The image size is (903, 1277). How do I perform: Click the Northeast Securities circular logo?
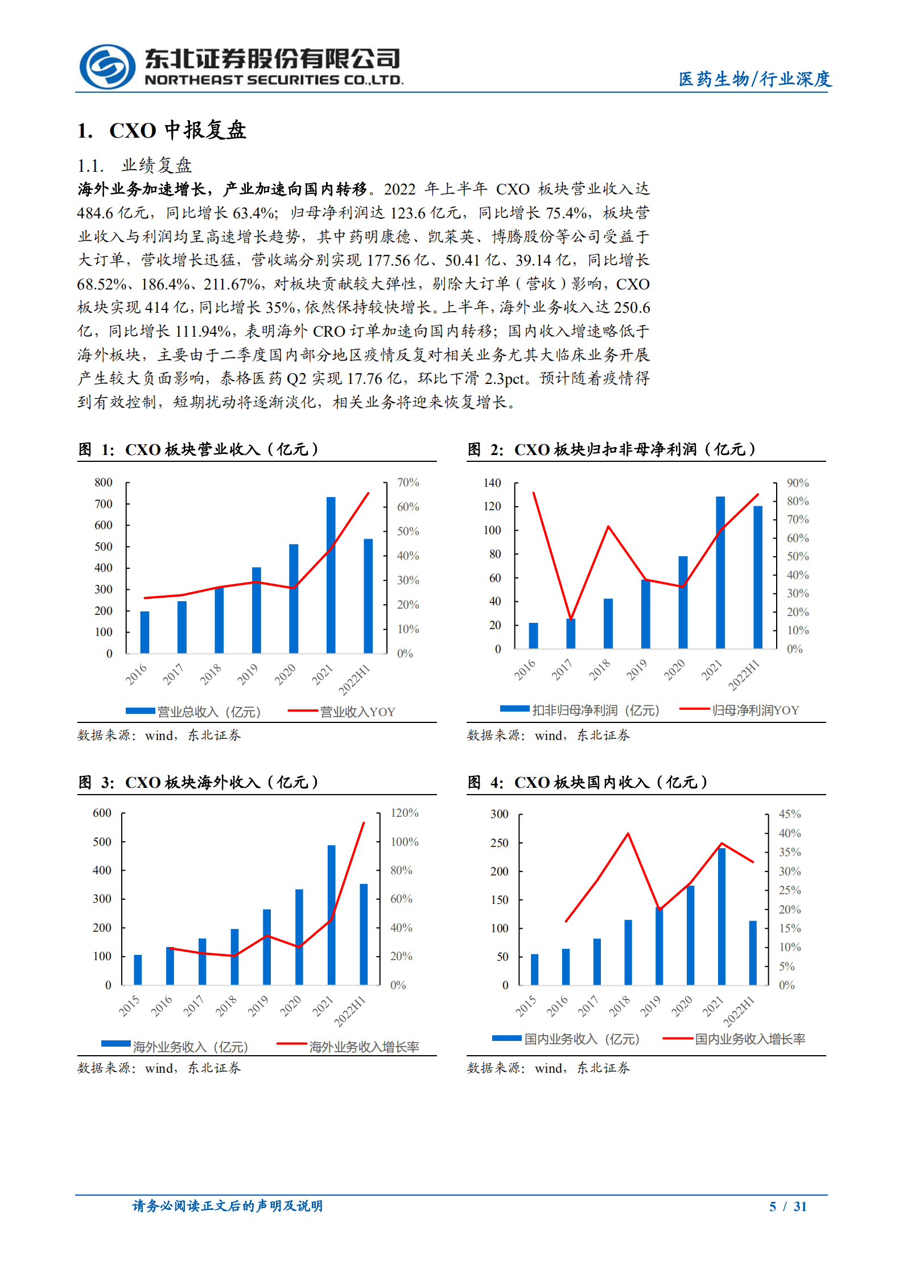coord(107,67)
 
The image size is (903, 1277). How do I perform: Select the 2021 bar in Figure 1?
coord(331,575)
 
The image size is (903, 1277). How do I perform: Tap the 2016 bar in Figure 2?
coord(533,635)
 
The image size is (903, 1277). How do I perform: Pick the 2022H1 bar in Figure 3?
coord(364,933)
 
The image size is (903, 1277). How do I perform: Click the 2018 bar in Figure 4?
coord(628,952)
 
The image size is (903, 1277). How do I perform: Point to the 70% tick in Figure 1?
coord(407,482)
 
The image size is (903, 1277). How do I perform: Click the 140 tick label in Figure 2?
coord(492,483)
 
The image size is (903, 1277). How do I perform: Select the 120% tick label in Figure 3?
coord(404,813)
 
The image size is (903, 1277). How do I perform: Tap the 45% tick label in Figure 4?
coord(789,814)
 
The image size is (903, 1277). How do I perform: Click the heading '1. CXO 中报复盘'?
coord(162,130)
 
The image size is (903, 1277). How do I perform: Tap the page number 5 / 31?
coord(787,1206)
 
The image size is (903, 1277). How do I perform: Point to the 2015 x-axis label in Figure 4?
coord(526,1005)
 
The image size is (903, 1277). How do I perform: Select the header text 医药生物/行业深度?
coord(754,79)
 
